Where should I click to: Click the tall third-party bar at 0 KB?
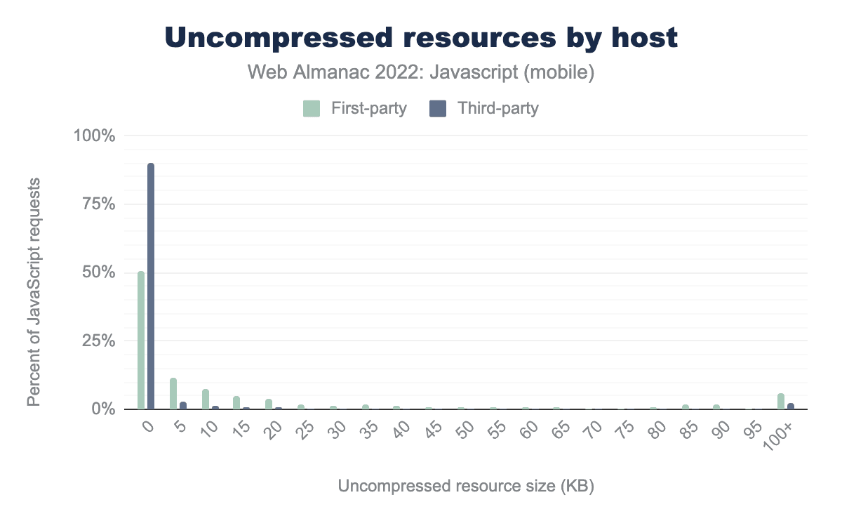point(150,286)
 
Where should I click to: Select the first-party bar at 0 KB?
point(141,341)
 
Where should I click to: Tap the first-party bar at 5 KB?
point(173,394)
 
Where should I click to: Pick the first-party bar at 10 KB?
point(206,399)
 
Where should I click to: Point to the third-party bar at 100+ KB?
point(791,406)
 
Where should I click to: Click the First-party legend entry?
point(354,109)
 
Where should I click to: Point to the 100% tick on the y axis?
point(94,136)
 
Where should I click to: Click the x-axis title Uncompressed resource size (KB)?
point(466,487)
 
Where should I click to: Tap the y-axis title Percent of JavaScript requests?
point(33,291)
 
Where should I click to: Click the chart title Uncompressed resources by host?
point(421,38)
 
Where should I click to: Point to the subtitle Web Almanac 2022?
point(421,72)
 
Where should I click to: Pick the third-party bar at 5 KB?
point(183,405)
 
